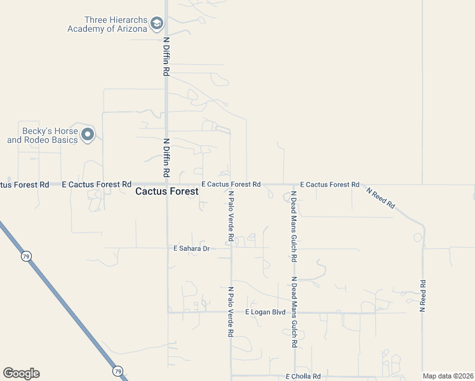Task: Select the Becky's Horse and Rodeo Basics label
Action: tap(42, 135)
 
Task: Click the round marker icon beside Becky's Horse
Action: tap(88, 135)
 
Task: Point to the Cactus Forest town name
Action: tap(167, 191)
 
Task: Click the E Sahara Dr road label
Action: tap(191, 249)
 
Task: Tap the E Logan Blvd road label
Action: tap(265, 312)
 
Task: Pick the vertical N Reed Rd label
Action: tap(422, 296)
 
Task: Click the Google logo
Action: tap(21, 373)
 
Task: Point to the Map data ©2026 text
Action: tap(448, 376)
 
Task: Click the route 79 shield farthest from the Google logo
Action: tap(26, 256)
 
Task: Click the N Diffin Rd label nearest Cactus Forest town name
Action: tap(166, 158)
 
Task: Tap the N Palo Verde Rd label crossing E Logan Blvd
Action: tap(231, 311)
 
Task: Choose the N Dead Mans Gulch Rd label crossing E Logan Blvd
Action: tap(294, 311)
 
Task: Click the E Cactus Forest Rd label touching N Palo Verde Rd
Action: tap(231, 184)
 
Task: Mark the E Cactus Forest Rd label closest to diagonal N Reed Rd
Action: tap(330, 184)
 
